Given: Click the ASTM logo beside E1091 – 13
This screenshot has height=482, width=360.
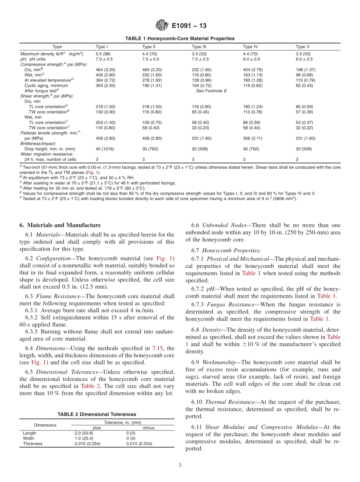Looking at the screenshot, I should tap(162, 26).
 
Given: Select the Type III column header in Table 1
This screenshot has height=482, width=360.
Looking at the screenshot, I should tap(199, 47).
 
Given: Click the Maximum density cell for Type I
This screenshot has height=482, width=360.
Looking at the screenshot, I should tap(103, 54).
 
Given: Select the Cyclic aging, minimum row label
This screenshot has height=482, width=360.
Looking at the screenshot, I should tap(46, 86).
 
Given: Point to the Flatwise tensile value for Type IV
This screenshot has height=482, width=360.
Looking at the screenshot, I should tap(252, 138).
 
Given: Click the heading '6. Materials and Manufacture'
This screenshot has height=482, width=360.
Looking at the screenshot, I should tap(60, 225).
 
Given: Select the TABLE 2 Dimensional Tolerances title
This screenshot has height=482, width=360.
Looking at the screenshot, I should tap(97, 415).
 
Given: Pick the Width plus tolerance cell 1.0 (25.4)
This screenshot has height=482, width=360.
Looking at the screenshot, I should tap(85, 438).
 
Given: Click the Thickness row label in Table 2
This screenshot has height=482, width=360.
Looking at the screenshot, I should tap(33, 443).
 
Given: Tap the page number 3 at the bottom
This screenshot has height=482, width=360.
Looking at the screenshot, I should tap(180, 465).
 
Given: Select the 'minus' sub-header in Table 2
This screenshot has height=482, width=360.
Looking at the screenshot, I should tap(148, 428).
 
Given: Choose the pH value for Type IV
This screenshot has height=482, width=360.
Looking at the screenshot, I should tap(251, 59).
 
